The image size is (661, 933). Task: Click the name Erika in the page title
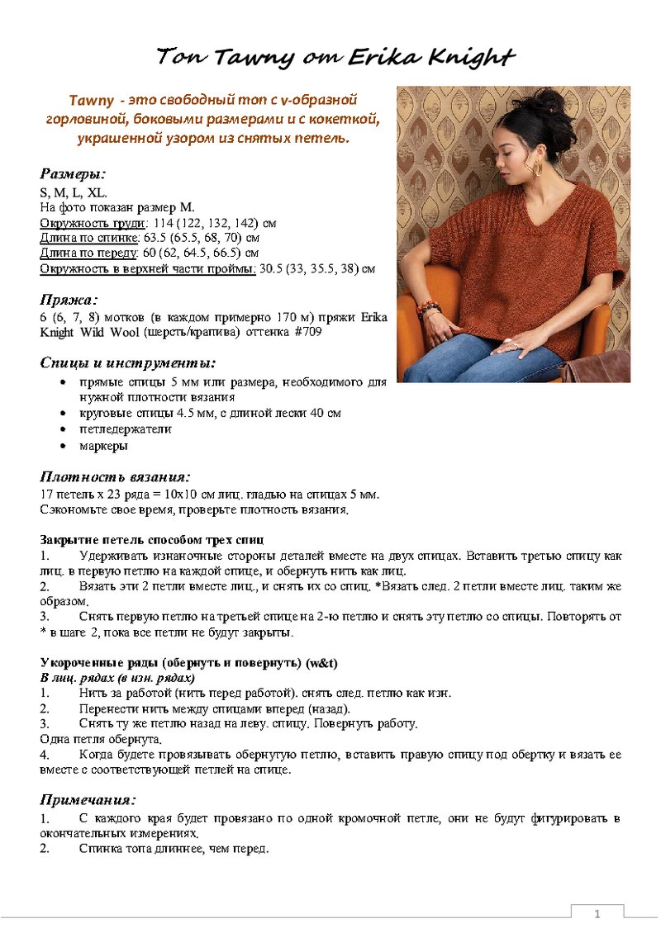coord(385,57)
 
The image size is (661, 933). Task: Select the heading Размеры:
coord(73,174)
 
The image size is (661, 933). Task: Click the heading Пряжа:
coord(69,300)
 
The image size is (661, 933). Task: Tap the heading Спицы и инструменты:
coord(128,362)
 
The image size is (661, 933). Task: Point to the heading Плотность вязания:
coord(115,476)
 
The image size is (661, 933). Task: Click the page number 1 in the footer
coord(597,914)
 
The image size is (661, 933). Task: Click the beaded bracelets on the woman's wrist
coord(428,310)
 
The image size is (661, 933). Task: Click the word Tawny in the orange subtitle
coord(92,101)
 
